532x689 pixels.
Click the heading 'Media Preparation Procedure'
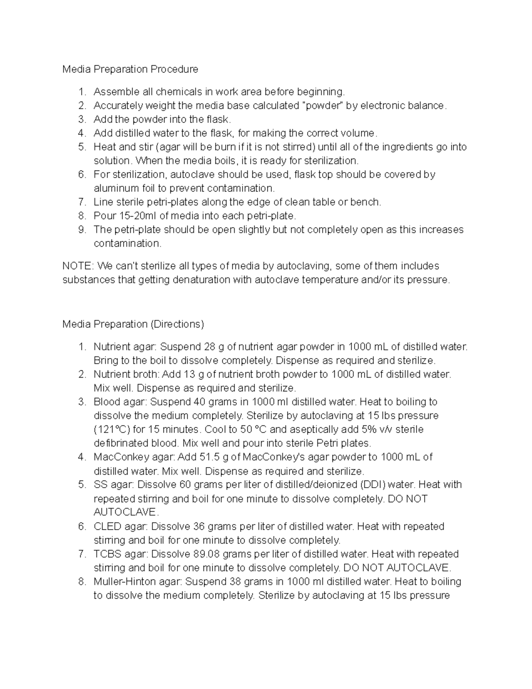pyautogui.click(x=130, y=69)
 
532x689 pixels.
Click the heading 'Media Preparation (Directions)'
pyautogui.click(x=133, y=324)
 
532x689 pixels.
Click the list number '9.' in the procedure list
pyautogui.click(x=82, y=230)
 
